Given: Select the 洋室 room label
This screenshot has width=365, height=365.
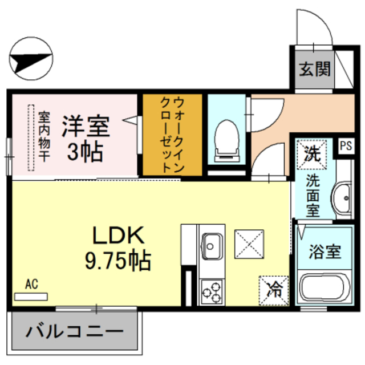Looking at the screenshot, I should (86, 126).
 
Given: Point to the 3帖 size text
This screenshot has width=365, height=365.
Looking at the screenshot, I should (86, 151).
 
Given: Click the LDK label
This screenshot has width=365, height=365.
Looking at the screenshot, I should (118, 235).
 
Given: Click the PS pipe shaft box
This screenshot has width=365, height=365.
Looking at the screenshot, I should (346, 145).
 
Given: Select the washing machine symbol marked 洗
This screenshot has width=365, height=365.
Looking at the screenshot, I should (311, 152).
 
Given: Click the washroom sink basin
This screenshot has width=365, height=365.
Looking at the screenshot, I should (344, 197).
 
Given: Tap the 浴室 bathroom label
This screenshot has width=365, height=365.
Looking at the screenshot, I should (325, 252).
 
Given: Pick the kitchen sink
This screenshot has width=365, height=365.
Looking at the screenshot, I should (212, 247).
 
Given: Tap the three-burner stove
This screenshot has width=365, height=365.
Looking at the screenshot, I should (212, 291).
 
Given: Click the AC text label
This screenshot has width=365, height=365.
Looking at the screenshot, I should (31, 284).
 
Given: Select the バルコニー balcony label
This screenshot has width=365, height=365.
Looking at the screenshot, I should (75, 331).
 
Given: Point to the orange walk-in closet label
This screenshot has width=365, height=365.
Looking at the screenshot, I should (171, 135).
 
